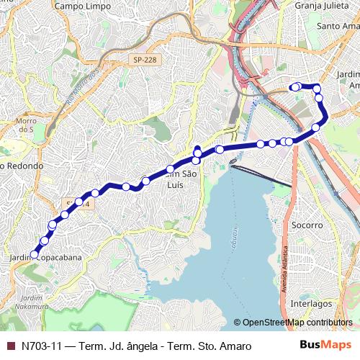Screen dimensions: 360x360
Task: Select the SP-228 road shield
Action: point(144,60)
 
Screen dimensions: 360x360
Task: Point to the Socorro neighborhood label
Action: point(308,225)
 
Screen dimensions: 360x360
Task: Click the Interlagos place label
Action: point(311,304)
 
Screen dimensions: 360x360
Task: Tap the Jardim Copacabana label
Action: point(46,257)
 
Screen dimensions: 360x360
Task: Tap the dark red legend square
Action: point(11,346)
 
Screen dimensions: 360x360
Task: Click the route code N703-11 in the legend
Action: point(41,346)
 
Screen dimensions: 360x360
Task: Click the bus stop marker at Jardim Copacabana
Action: point(34,254)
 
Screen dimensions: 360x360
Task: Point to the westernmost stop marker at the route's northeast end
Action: point(293,87)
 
